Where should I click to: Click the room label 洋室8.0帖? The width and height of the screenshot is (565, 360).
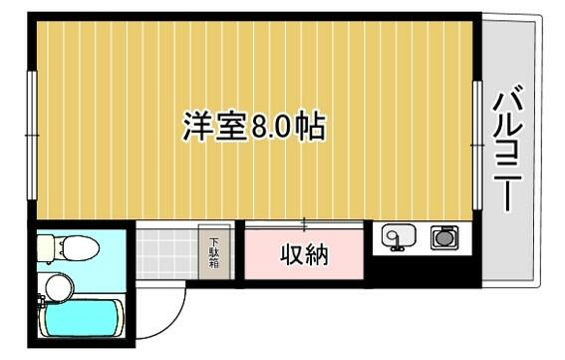(x=254, y=127)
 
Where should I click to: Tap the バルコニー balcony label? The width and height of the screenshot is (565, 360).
(x=507, y=151)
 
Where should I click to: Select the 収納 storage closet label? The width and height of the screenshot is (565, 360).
(x=304, y=254)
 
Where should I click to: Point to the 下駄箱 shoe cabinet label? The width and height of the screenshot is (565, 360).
(x=214, y=252)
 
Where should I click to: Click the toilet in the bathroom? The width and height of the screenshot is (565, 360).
(x=69, y=248)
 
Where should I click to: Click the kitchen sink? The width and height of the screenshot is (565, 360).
(x=399, y=236)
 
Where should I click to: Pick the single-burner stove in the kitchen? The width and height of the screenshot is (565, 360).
(x=444, y=237)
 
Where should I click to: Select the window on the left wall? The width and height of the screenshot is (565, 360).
(x=33, y=136)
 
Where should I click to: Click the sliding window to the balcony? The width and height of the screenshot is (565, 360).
(x=477, y=145)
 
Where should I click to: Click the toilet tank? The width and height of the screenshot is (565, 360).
(x=46, y=248)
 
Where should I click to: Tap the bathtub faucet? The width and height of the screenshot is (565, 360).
(x=42, y=301)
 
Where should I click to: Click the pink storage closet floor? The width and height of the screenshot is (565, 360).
(x=304, y=254)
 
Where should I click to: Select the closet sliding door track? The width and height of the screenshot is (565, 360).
(x=304, y=224)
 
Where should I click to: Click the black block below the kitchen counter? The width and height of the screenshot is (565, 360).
(x=423, y=271)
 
